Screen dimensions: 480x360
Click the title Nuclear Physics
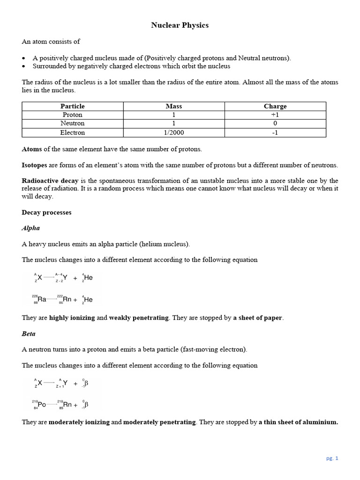click(x=180, y=25)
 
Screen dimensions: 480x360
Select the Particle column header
click(x=73, y=106)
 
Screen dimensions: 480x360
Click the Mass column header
click(x=174, y=106)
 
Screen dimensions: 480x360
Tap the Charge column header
click(x=275, y=106)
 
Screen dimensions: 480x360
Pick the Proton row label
click(x=73, y=115)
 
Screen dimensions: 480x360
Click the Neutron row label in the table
click(x=73, y=123)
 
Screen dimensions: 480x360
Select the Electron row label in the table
click(x=73, y=133)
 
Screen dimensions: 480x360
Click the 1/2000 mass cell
click(x=174, y=133)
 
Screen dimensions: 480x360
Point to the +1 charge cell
click(x=275, y=115)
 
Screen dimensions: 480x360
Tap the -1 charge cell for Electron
click(x=275, y=133)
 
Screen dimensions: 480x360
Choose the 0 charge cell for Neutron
click(x=275, y=123)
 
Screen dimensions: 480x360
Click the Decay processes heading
click(x=46, y=212)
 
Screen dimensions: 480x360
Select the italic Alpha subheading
click(x=31, y=228)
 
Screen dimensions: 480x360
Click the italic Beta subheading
click(x=29, y=334)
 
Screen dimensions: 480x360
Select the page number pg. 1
click(x=332, y=458)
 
